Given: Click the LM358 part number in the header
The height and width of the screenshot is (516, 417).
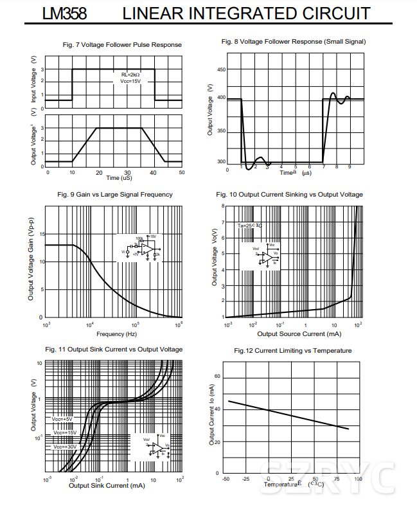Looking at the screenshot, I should click(x=64, y=13).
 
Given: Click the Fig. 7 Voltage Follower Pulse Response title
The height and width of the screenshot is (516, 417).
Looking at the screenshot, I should click(x=122, y=45).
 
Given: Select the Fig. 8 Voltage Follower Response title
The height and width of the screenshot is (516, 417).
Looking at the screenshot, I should click(x=294, y=41).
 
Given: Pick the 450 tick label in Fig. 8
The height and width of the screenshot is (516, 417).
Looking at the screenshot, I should click(x=221, y=69).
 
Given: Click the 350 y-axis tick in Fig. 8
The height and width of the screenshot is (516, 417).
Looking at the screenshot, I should click(x=221, y=131).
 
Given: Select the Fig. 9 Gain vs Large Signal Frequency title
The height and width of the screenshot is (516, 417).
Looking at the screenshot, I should click(x=115, y=194).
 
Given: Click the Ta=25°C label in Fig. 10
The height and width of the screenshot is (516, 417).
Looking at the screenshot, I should click(x=250, y=226).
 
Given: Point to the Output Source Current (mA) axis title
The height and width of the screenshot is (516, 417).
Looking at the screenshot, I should click(x=299, y=334).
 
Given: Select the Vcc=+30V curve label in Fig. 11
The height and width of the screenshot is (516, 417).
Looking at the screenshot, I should click(x=65, y=447).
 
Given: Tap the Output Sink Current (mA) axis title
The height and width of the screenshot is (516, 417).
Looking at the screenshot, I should click(x=108, y=485).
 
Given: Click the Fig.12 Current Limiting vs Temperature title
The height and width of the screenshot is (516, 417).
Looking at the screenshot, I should click(x=293, y=350).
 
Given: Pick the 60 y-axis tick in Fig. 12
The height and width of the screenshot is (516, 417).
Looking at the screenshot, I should click(x=217, y=376).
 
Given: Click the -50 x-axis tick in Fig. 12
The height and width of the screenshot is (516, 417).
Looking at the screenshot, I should click(x=226, y=479).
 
